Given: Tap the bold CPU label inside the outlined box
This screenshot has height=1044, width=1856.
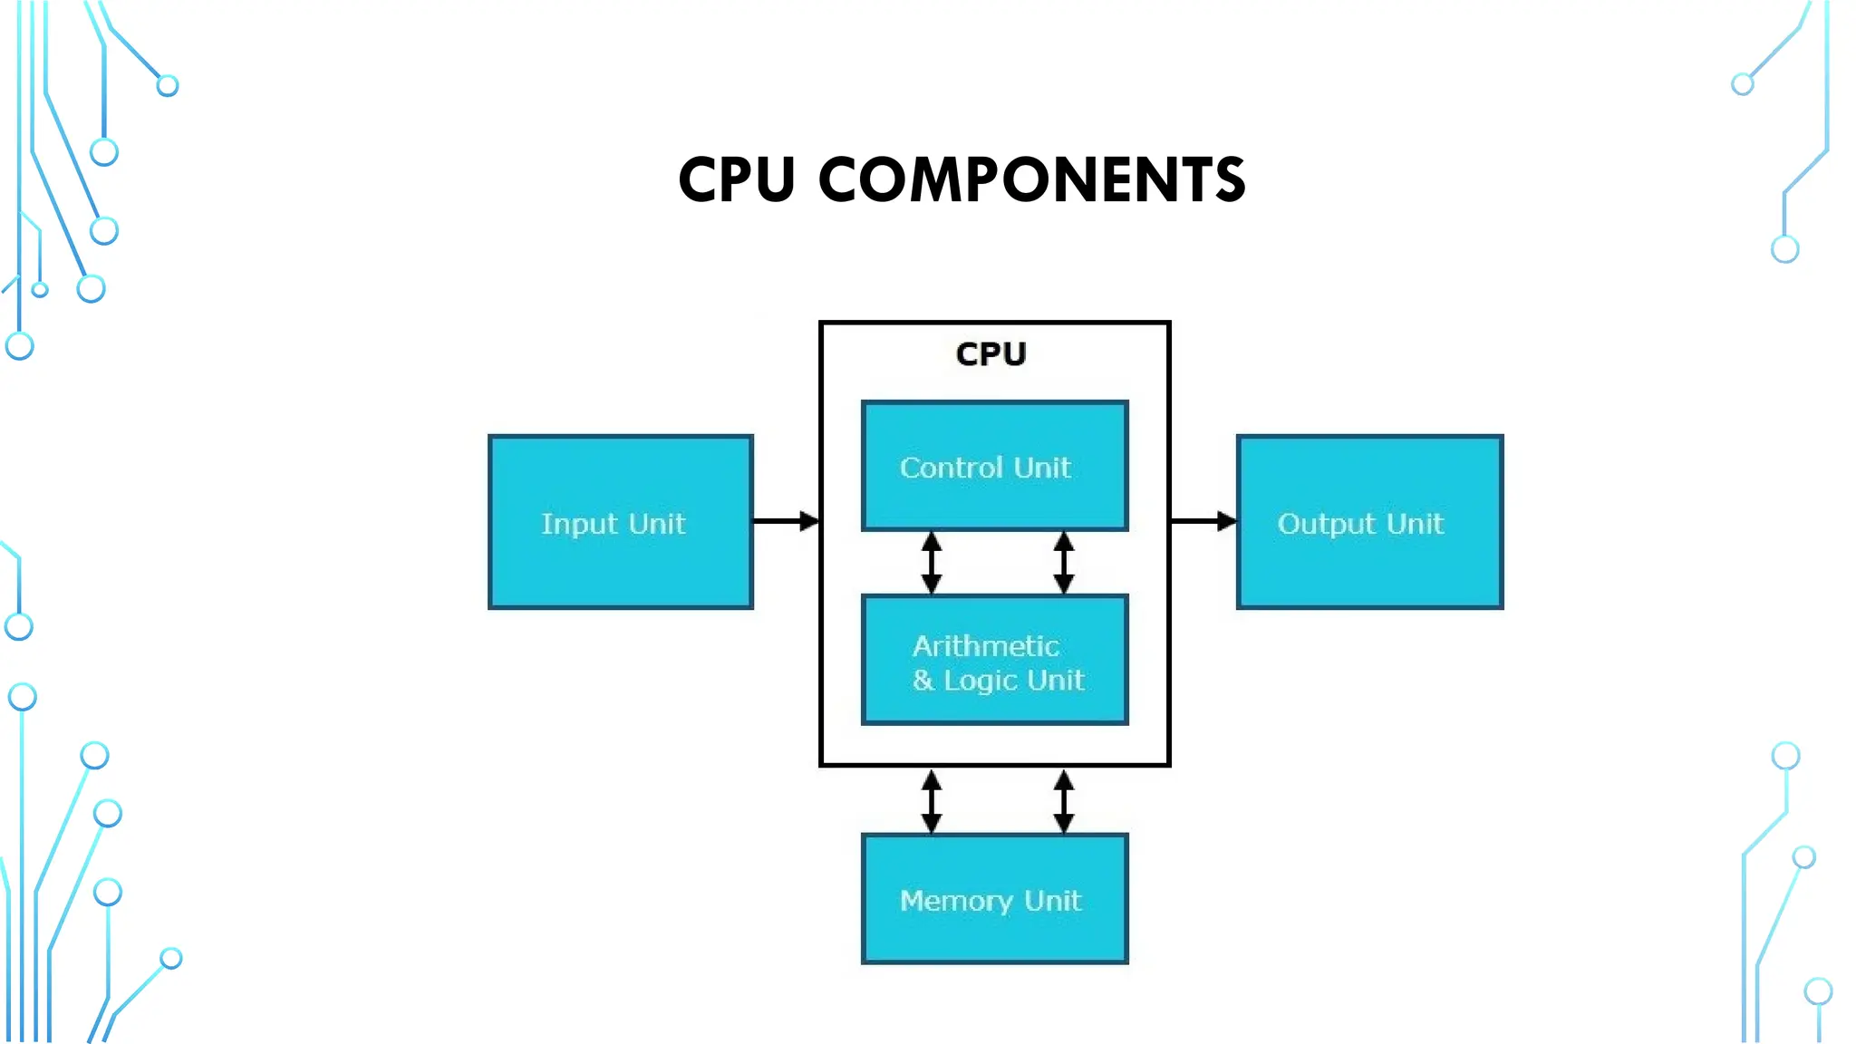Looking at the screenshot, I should pyautogui.click(x=991, y=353).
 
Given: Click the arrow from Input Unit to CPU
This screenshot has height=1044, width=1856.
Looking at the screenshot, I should pyautogui.click(x=786, y=521).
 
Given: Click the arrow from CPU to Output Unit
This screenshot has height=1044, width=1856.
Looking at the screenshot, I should pyautogui.click(x=1203, y=521).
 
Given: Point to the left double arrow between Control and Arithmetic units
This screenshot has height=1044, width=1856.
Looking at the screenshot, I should pyautogui.click(x=931, y=563).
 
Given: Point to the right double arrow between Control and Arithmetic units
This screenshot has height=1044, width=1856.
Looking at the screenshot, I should pyautogui.click(x=1064, y=563).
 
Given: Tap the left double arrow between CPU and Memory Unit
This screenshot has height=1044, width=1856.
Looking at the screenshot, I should pyautogui.click(x=931, y=801).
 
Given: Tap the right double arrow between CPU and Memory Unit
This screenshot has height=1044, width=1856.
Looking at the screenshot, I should pyautogui.click(x=1064, y=801).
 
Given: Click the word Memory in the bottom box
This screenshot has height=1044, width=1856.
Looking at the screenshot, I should pyautogui.click(x=956, y=901).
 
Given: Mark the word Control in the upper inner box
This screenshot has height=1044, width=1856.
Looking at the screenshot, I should pyautogui.click(x=951, y=468).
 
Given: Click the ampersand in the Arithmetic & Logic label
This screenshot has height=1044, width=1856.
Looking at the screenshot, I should pyautogui.click(x=923, y=680).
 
